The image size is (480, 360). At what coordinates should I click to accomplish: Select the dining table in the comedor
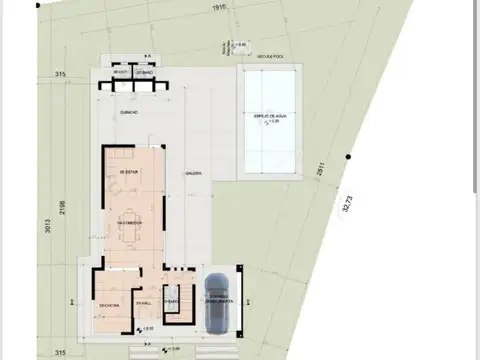click(x=129, y=222)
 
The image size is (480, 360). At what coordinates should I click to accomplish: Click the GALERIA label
click(x=193, y=173)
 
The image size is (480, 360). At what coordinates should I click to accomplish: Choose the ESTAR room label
click(x=126, y=172)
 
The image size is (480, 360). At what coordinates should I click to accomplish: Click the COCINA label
click(x=108, y=305)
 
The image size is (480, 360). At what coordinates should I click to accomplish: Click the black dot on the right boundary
click(x=348, y=157)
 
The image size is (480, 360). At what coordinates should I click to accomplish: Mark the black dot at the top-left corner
click(x=38, y=4)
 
